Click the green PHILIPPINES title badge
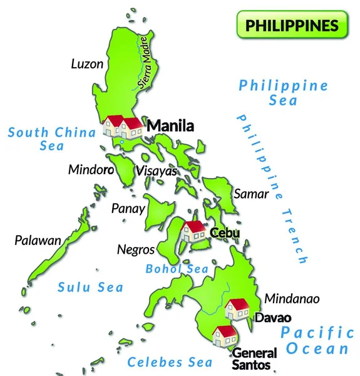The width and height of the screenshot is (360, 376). pyautogui.click(x=292, y=25)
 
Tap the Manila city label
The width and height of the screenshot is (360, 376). pyautogui.click(x=170, y=126)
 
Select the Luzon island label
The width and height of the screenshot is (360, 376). pyautogui.click(x=87, y=63)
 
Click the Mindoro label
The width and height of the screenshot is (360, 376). pyautogui.click(x=91, y=169)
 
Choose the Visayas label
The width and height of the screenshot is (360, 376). pyautogui.click(x=157, y=171)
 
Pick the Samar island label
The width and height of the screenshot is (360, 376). pyautogui.click(x=251, y=194)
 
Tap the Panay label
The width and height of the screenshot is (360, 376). pyautogui.click(x=128, y=209)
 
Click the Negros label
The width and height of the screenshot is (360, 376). pyautogui.click(x=136, y=249)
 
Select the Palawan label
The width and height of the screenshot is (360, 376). pyautogui.click(x=38, y=240)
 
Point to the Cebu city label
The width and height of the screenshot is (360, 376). pyautogui.click(x=225, y=233)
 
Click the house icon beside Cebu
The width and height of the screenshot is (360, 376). pyautogui.click(x=193, y=231)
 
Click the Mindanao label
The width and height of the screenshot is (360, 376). pyautogui.click(x=292, y=299)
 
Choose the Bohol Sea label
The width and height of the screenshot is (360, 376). pyautogui.click(x=177, y=269)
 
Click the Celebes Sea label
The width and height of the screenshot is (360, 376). pyautogui.click(x=165, y=362)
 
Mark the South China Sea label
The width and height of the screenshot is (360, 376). pyautogui.click(x=52, y=138)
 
